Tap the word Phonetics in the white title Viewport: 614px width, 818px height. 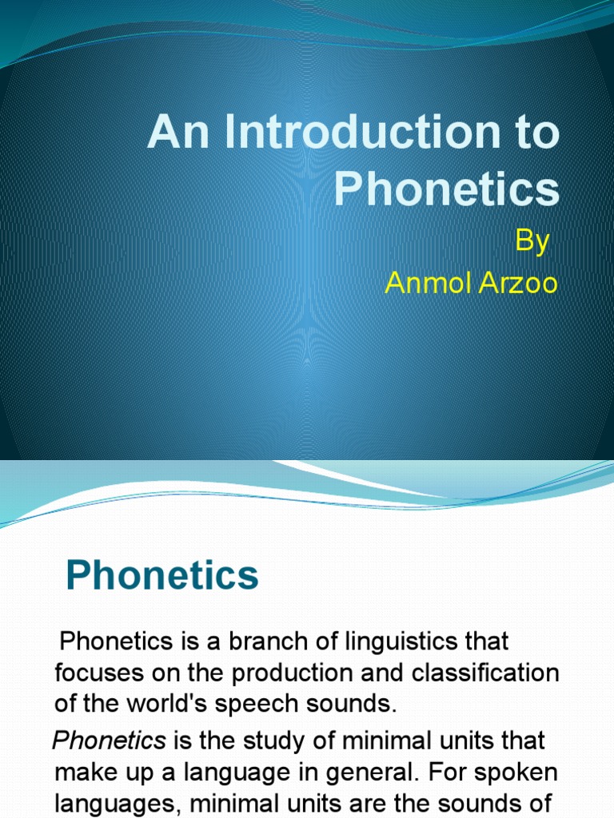(446, 189)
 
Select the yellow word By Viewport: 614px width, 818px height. (532, 240)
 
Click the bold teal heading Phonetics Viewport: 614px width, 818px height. (161, 575)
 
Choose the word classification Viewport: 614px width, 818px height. (485, 673)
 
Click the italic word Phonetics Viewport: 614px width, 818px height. (109, 740)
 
